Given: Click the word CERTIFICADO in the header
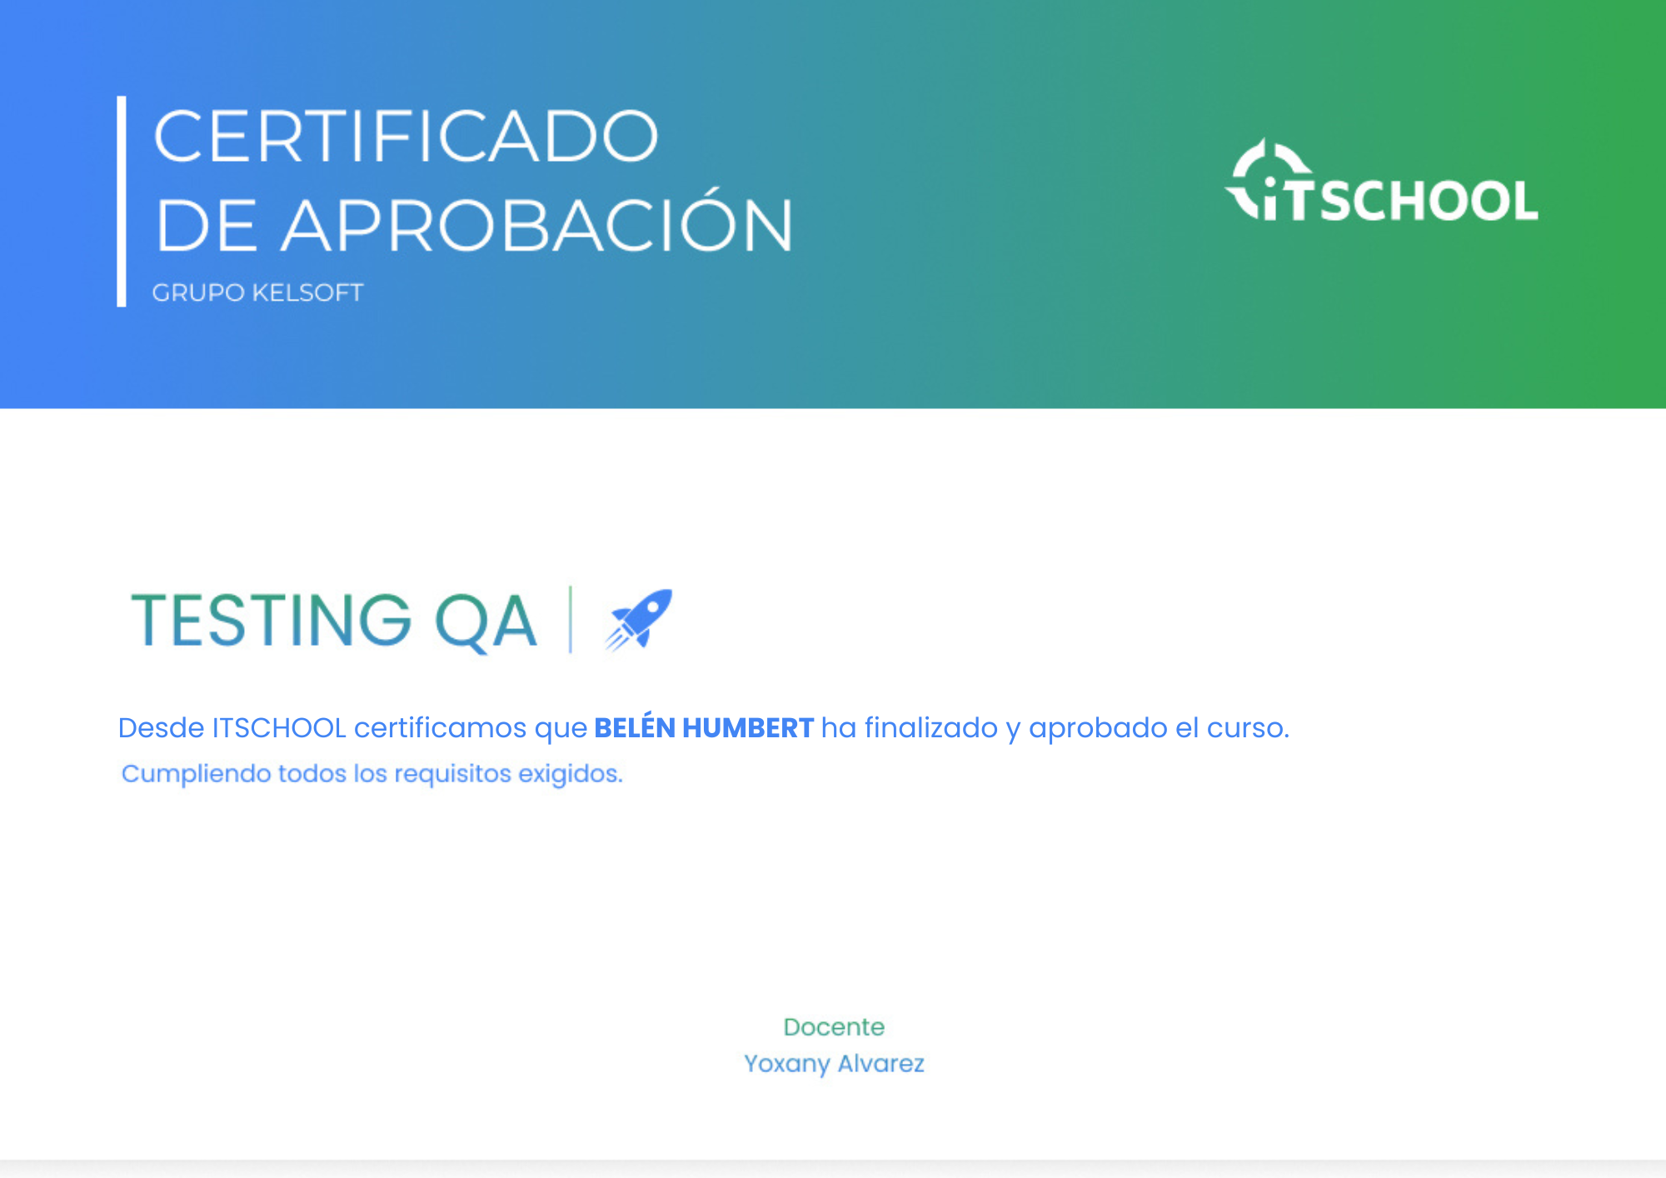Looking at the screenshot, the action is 406,136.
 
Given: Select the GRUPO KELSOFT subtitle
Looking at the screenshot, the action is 257,292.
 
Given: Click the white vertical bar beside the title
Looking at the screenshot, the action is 122,201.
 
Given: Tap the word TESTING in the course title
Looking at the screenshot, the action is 272,620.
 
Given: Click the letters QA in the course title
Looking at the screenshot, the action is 486,621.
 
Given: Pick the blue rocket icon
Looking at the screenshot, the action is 638,618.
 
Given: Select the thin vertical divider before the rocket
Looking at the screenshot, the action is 571,619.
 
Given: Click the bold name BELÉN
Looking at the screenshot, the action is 635,726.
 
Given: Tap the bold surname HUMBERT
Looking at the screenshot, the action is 748,728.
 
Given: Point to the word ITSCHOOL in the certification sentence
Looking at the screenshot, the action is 279,728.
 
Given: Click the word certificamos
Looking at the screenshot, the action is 440,728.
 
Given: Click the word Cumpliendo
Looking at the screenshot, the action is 197,774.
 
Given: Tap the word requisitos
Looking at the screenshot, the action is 452,774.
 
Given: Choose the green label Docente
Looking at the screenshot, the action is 834,1026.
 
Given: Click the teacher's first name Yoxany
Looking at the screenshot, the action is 786,1064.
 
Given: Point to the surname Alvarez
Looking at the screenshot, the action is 880,1063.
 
